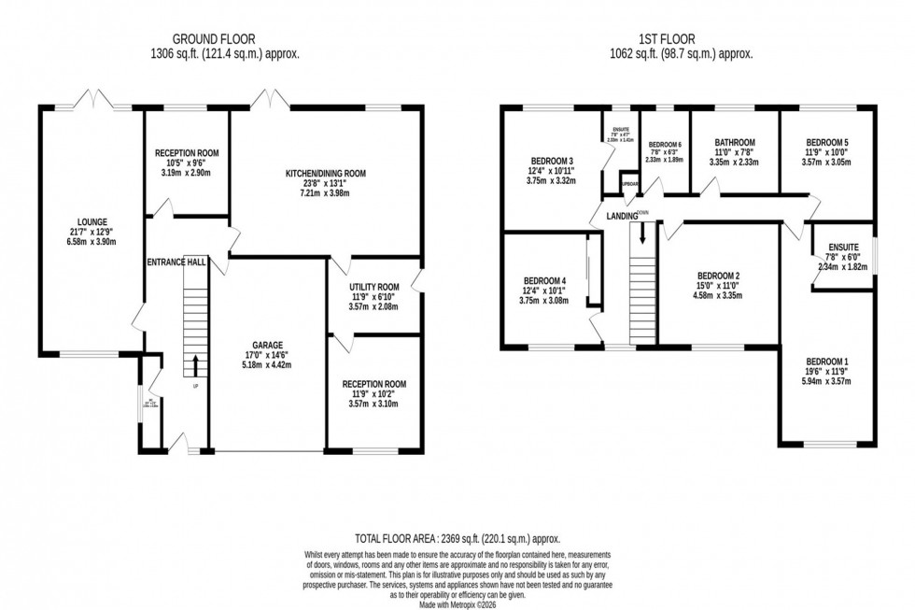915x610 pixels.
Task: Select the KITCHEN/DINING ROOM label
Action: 326,173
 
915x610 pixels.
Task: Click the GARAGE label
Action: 267,344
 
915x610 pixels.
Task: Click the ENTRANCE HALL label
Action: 176,263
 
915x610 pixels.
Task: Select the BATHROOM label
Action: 732,144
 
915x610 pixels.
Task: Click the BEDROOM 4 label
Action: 544,281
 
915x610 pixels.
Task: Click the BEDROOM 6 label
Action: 665,145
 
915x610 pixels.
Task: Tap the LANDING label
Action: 621,217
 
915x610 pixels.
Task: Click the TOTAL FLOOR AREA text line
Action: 457,539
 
